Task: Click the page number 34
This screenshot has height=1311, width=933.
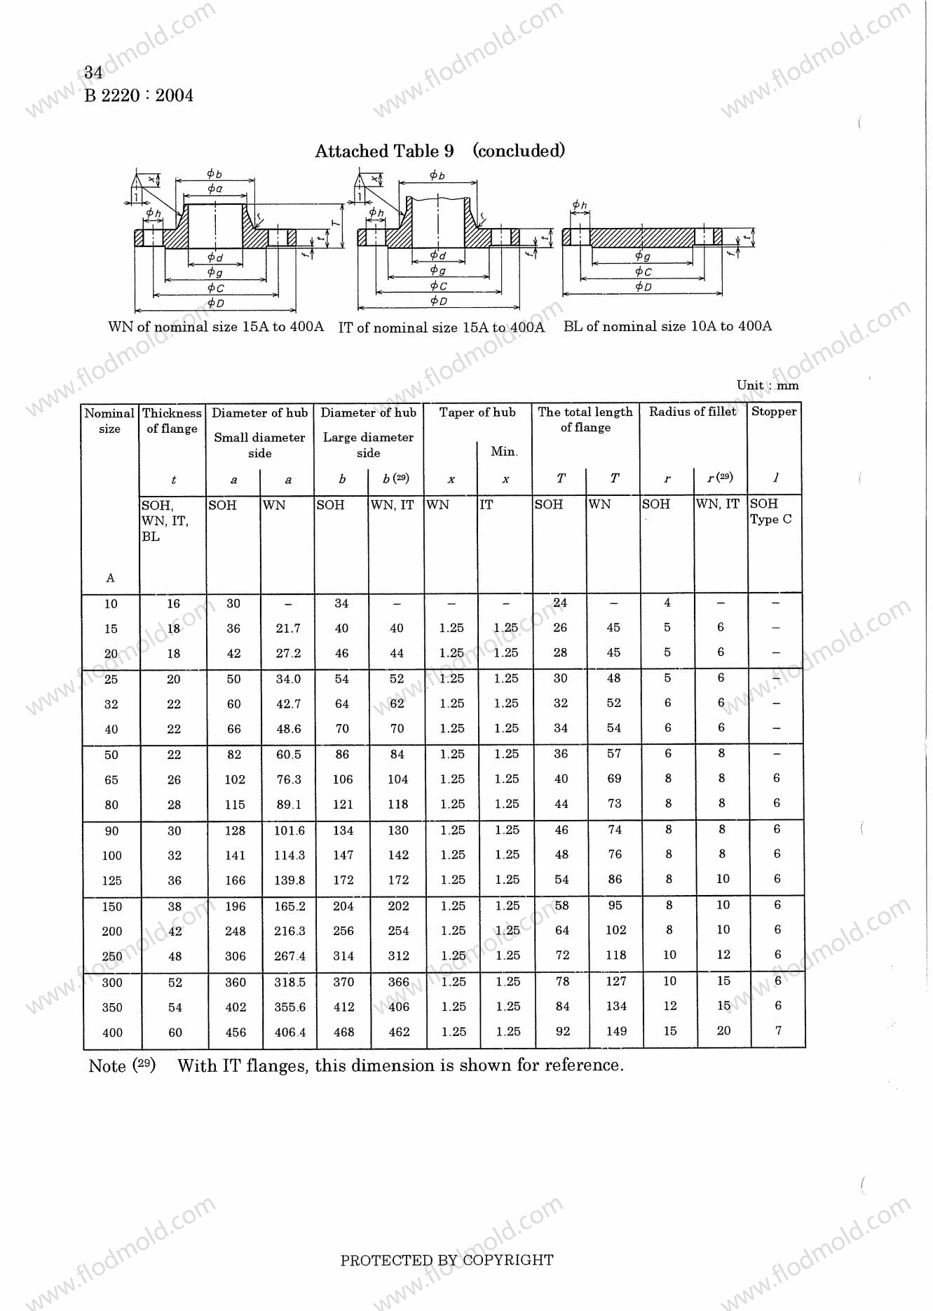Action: pyautogui.click(x=94, y=72)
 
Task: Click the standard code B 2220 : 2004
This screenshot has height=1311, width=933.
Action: pyautogui.click(x=139, y=95)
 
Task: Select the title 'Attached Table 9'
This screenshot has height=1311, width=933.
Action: pyautogui.click(x=384, y=151)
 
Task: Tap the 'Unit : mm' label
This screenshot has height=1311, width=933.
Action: pyautogui.click(x=768, y=385)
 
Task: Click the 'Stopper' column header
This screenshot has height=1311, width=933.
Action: pyautogui.click(x=774, y=412)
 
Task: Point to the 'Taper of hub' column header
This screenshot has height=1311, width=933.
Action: pyautogui.click(x=477, y=412)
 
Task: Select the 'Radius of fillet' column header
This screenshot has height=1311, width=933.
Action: pyautogui.click(x=693, y=412)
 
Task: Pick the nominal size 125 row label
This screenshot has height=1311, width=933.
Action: pyautogui.click(x=111, y=880)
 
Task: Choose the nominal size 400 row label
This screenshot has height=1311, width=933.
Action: pyautogui.click(x=112, y=1033)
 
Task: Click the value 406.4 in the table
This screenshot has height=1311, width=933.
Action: pyautogui.click(x=290, y=1033)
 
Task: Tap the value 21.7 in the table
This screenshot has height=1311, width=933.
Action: pyautogui.click(x=288, y=628)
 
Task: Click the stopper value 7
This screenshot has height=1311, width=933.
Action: pyautogui.click(x=778, y=1030)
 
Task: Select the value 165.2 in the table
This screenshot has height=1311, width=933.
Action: pyautogui.click(x=290, y=906)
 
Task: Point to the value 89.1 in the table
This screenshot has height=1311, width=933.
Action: pyautogui.click(x=289, y=805)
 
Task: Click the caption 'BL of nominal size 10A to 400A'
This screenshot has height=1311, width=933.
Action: pyautogui.click(x=667, y=326)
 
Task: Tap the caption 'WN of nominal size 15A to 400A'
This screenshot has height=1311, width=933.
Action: pyautogui.click(x=216, y=327)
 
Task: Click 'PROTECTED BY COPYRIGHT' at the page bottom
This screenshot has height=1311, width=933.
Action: pyautogui.click(x=447, y=1260)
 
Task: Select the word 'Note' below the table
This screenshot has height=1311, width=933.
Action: pyautogui.click(x=107, y=1066)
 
